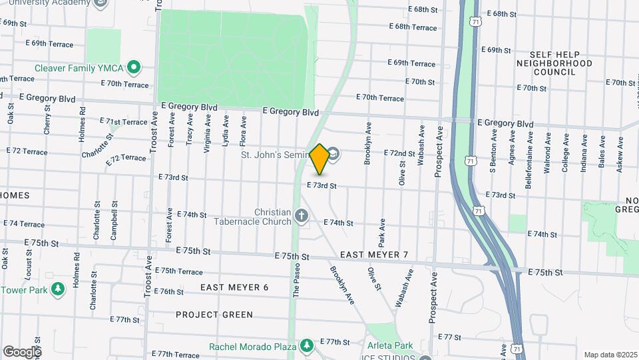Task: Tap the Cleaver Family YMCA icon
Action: click(x=134, y=67)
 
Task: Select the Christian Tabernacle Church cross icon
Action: click(x=302, y=215)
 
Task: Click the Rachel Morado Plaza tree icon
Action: click(x=306, y=345)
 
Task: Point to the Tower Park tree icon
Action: click(x=59, y=289)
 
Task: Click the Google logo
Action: click(x=22, y=351)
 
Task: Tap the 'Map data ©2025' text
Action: click(x=610, y=355)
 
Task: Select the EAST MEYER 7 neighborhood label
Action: click(x=374, y=255)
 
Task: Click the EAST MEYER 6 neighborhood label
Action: click(x=234, y=287)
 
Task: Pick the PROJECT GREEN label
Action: click(x=214, y=314)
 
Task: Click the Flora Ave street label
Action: click(x=244, y=131)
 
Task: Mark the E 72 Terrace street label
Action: click(x=125, y=158)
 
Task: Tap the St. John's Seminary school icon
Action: click(x=333, y=155)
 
